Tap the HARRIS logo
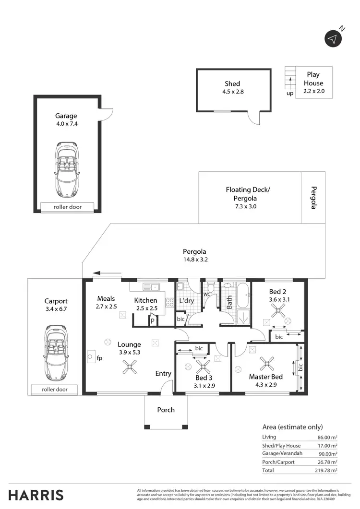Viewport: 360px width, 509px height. [x=36, y=495]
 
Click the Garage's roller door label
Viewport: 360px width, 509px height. [x=68, y=207]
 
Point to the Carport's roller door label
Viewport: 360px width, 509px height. [x=55, y=390]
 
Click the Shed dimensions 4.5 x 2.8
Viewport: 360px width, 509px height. [x=232, y=92]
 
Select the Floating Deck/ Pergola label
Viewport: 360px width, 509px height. [x=248, y=194]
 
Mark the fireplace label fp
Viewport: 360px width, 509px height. [x=99, y=358]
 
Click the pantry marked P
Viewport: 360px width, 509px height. [x=152, y=321]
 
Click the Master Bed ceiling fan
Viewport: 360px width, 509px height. [x=267, y=364]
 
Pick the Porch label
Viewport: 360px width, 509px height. [x=166, y=410]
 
